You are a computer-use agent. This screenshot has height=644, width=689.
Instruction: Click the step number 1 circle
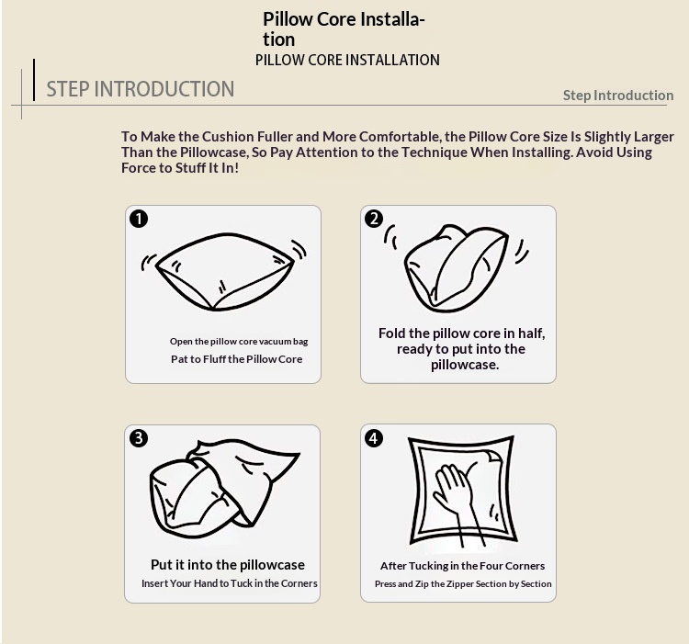[x=139, y=219]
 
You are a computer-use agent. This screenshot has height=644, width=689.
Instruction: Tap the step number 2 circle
[x=374, y=219]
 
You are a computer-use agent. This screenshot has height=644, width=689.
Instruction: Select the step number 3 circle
[x=139, y=438]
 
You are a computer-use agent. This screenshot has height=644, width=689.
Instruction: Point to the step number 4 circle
[x=374, y=438]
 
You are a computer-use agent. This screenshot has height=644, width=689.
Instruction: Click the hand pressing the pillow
[x=457, y=496]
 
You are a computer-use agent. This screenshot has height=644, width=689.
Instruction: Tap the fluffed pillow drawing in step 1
[x=224, y=272]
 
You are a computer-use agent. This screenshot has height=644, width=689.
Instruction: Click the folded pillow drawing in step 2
[x=456, y=268]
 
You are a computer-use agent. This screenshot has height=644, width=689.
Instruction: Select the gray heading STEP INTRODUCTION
[x=141, y=89]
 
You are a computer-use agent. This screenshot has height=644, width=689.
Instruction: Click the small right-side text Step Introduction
[x=618, y=96]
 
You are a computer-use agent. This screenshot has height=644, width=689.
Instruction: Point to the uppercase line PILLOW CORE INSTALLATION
[x=347, y=61]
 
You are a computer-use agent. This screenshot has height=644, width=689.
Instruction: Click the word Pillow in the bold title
[x=288, y=19]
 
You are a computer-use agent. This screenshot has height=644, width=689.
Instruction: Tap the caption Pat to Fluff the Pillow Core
[x=237, y=359]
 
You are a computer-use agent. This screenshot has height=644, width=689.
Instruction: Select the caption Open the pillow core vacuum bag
[x=239, y=342]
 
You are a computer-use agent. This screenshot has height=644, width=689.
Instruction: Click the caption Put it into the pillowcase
[x=228, y=564]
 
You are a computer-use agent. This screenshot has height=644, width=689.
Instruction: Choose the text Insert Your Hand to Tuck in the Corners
[x=230, y=583]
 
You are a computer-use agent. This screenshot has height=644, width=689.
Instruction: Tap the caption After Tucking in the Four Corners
[x=463, y=566]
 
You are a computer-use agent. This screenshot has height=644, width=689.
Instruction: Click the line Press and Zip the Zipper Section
[x=463, y=583]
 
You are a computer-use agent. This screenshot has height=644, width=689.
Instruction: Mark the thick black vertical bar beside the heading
[x=34, y=80]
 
